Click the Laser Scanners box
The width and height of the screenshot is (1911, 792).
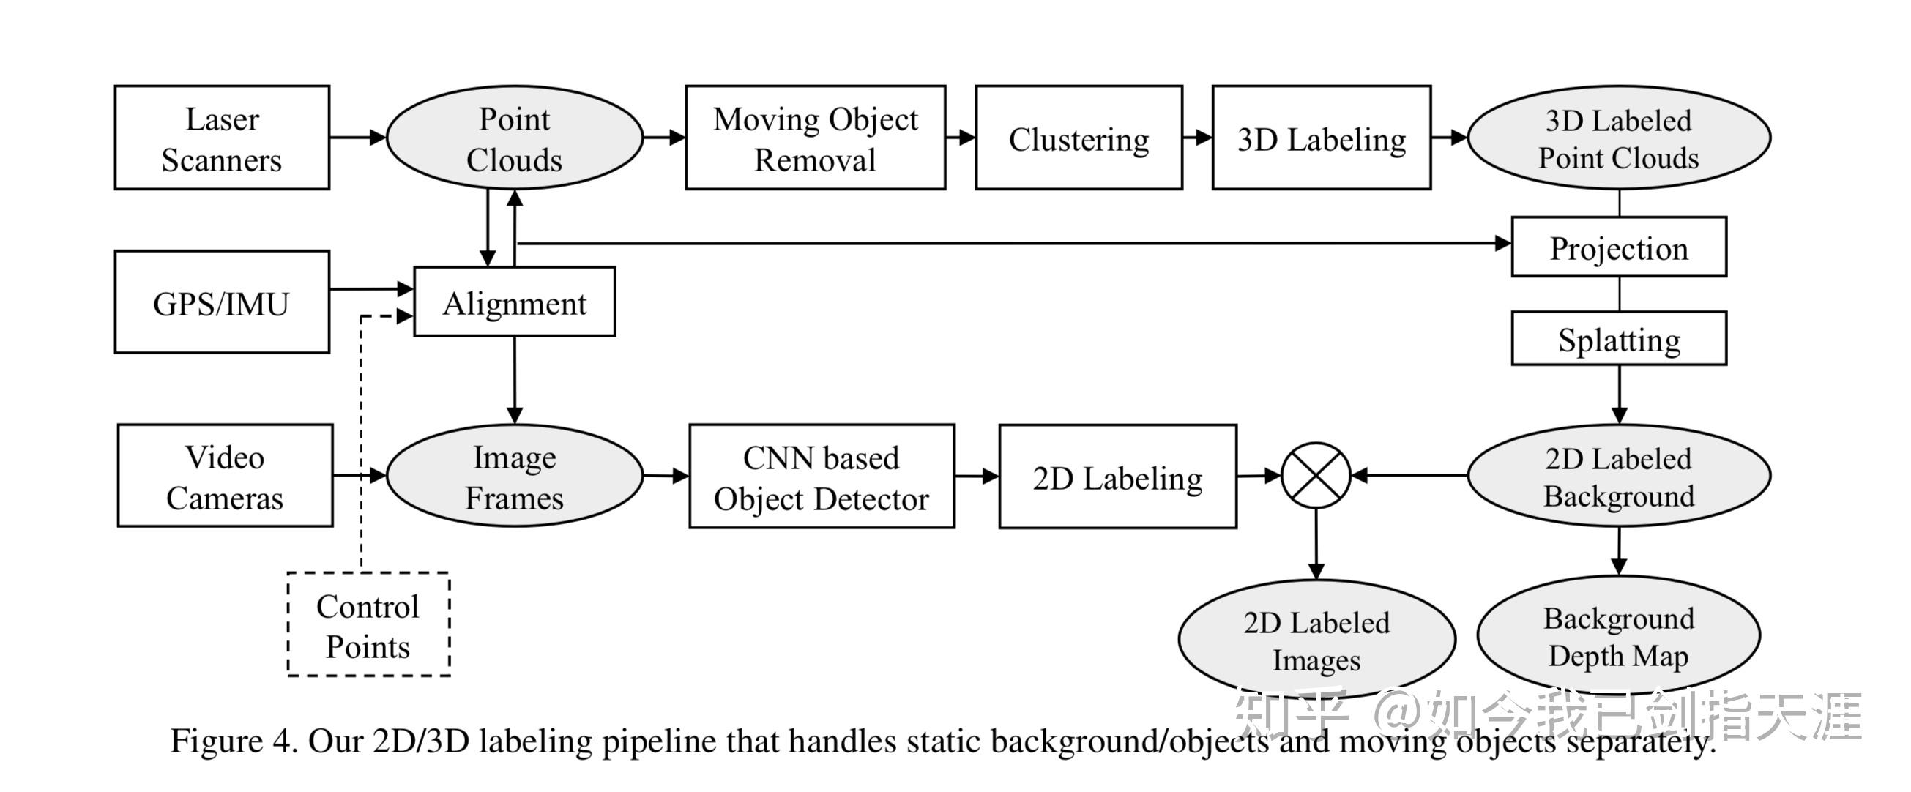pyautogui.click(x=222, y=138)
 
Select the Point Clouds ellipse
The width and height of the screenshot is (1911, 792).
pyautogui.click(x=514, y=138)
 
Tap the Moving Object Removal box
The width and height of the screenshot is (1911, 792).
pyautogui.click(x=816, y=138)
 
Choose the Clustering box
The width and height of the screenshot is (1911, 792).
pyautogui.click(x=1079, y=138)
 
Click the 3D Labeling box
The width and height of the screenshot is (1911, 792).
pyautogui.click(x=1322, y=138)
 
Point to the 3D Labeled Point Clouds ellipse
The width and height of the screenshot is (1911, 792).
pyautogui.click(x=1619, y=138)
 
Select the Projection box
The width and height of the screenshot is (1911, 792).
pyautogui.click(x=1619, y=247)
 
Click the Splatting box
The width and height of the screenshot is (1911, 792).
pyautogui.click(x=1619, y=339)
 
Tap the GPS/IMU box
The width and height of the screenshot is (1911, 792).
pyautogui.click(x=222, y=302)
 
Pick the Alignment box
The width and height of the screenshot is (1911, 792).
pyautogui.click(x=514, y=302)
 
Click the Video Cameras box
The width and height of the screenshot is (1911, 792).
pyautogui.click(x=225, y=476)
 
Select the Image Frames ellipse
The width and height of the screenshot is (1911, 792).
pyautogui.click(x=514, y=476)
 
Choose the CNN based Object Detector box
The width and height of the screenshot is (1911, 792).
pyautogui.click(x=822, y=477)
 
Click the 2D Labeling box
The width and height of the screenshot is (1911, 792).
pyautogui.click(x=1117, y=477)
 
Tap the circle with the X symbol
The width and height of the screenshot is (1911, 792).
pyautogui.click(x=1316, y=475)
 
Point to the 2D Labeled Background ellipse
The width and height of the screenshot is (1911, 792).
pyautogui.click(x=1619, y=476)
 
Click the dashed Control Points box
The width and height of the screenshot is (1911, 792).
pyautogui.click(x=368, y=624)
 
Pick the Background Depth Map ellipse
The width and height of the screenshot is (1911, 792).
pyautogui.click(x=1619, y=635)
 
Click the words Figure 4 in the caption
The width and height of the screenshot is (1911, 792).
pyautogui.click(x=233, y=741)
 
